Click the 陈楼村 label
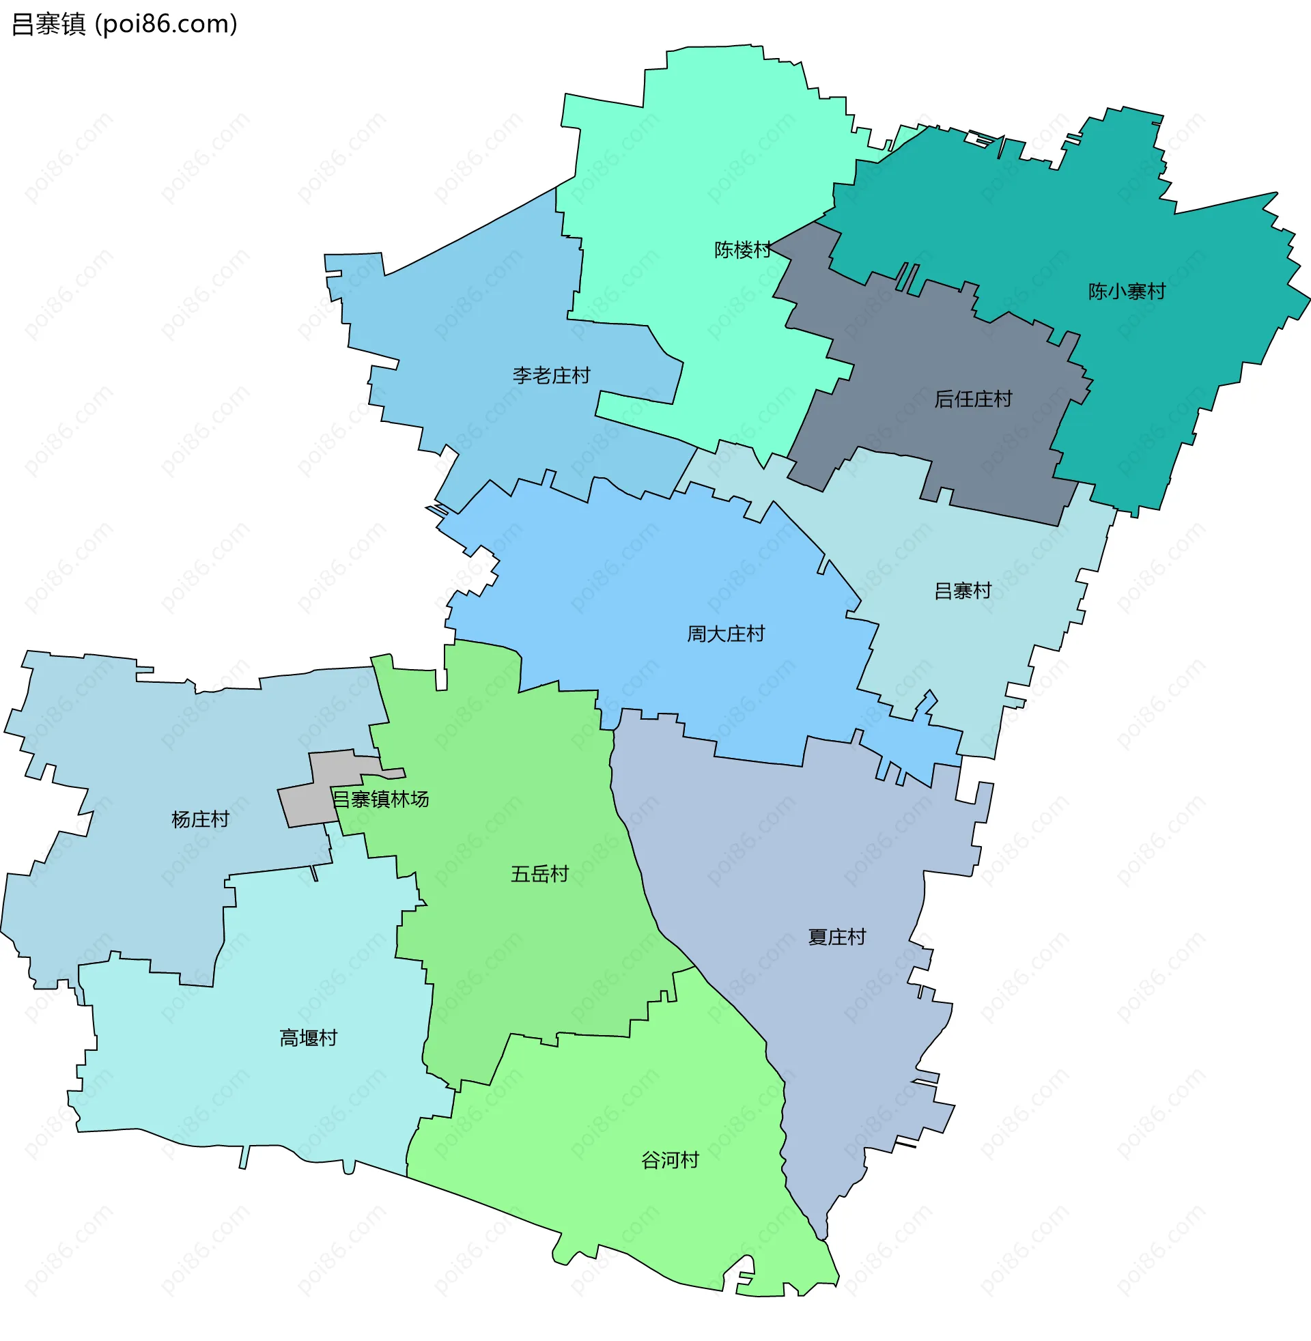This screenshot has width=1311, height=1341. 742,250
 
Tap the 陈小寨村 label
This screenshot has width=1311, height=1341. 1127,292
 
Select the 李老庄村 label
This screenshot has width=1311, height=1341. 551,376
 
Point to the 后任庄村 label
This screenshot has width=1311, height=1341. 973,399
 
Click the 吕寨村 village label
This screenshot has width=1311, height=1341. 962,591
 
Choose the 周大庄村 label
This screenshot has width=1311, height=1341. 726,634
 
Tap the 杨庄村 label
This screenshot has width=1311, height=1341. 199,819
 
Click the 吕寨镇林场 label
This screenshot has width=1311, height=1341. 381,800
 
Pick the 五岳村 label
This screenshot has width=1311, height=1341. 539,874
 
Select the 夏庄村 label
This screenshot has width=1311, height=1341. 836,937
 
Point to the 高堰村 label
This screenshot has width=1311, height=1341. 308,1038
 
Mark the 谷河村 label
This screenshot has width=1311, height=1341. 669,1161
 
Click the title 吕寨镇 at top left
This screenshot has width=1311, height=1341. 48,24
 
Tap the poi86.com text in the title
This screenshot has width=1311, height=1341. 166,24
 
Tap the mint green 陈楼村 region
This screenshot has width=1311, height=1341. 688,172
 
